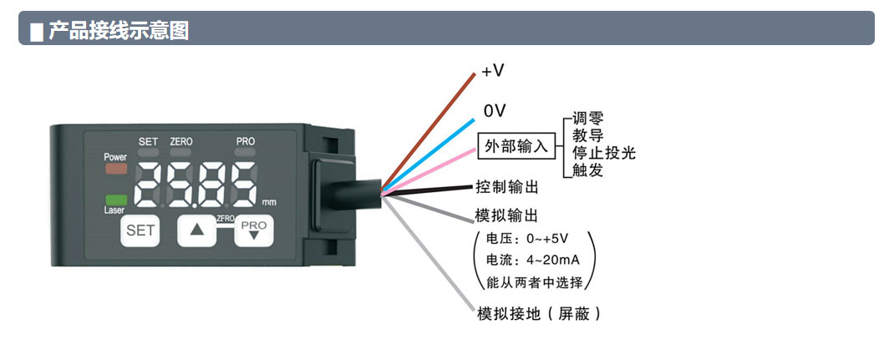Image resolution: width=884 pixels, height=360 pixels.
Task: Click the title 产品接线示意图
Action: tap(118, 32)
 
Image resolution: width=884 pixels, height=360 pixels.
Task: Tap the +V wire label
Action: tap(493, 71)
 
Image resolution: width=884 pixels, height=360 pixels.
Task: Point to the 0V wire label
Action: tap(495, 110)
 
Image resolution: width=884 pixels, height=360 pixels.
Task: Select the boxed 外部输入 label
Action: tap(516, 147)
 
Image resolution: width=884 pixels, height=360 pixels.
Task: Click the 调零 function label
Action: tap(587, 119)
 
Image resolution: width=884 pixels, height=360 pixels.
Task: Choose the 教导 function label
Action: tap(587, 135)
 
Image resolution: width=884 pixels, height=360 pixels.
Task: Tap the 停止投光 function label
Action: tap(603, 153)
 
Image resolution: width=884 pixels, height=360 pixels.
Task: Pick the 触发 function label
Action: tap(587, 170)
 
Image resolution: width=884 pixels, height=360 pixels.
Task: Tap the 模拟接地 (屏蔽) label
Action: tap(538, 314)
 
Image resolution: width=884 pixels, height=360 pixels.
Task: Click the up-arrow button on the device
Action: tap(196, 231)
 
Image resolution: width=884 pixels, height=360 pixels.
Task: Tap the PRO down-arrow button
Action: tap(253, 231)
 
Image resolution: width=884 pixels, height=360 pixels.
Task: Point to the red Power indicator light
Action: tap(115, 168)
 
